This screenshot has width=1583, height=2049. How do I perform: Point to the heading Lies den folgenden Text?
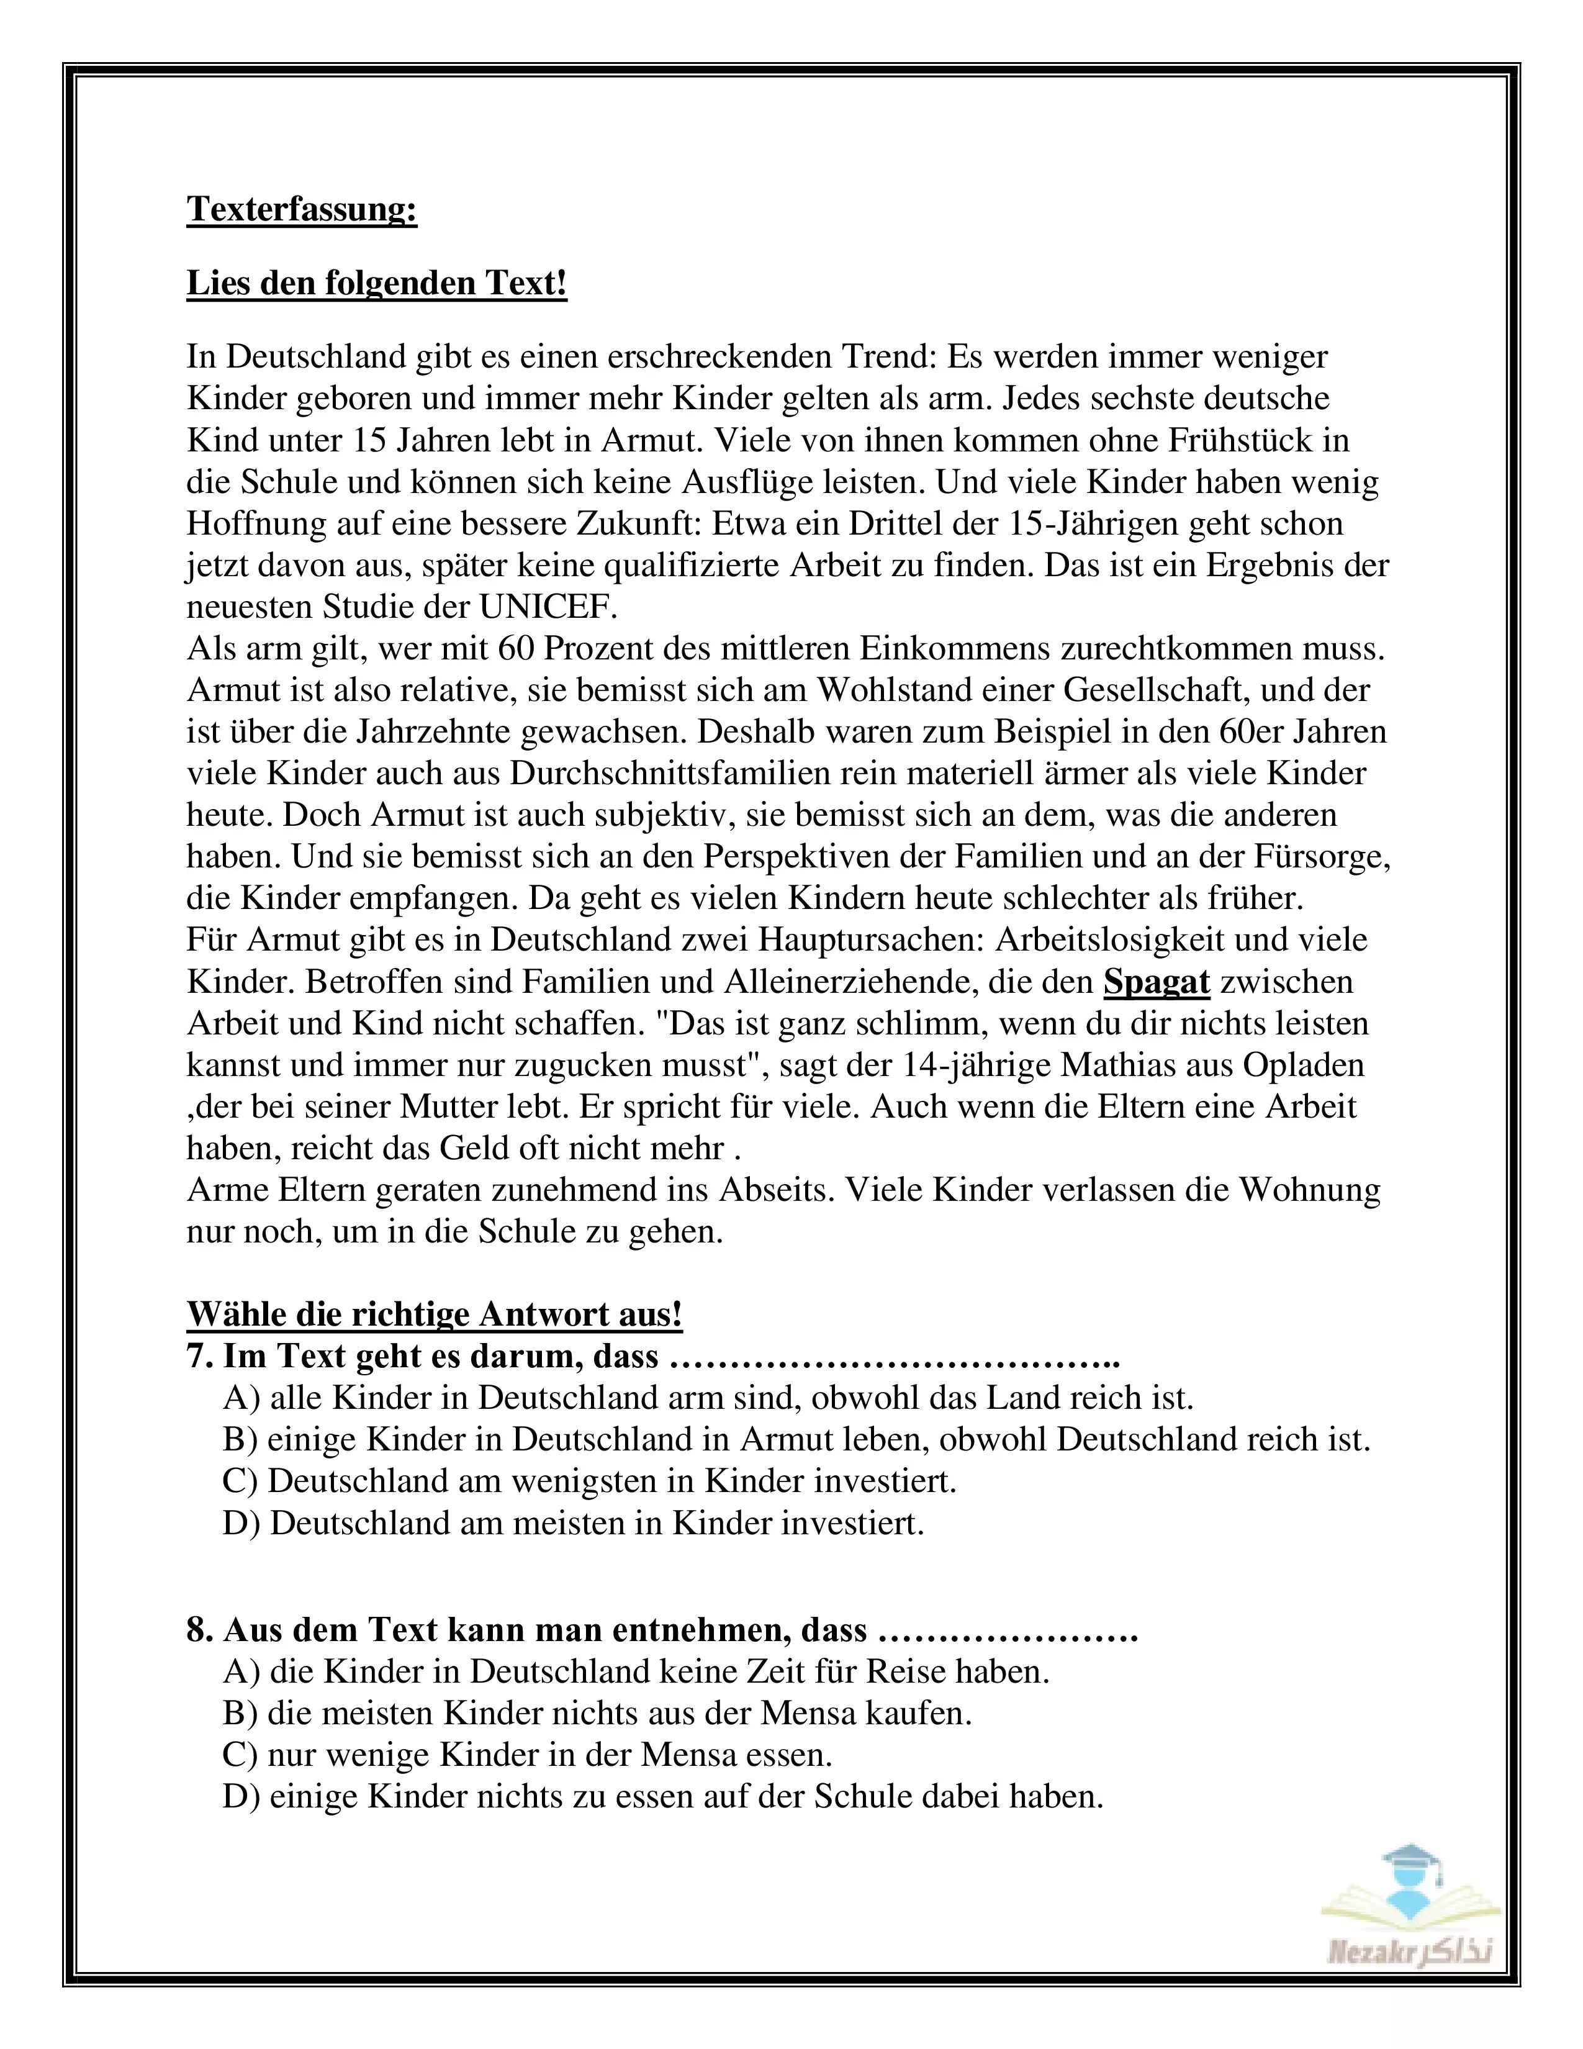tap(377, 283)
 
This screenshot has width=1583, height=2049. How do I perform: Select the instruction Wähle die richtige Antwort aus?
tap(434, 1314)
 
